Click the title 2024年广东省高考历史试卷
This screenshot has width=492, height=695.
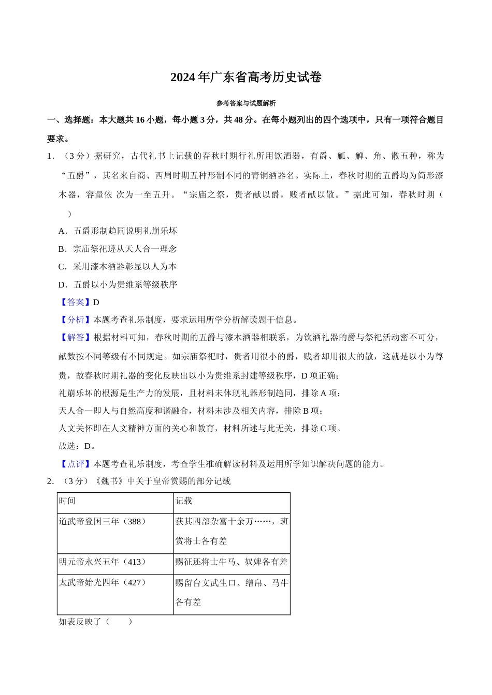pos(246,78)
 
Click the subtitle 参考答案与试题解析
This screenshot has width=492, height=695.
pos(246,103)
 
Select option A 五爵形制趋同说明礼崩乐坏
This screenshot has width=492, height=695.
pos(118,231)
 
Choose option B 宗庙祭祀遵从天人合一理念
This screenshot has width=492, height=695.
pos(118,249)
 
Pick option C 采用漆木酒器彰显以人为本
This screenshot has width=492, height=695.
pos(118,266)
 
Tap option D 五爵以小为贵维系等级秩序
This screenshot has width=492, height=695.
pos(118,284)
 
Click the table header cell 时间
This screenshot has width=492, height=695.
pos(67,501)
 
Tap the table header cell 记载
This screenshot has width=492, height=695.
pos(184,501)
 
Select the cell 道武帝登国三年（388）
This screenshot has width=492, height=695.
pos(103,521)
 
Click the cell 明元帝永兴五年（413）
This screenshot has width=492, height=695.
pos(103,562)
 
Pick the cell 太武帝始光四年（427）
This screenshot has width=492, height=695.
pos(103,582)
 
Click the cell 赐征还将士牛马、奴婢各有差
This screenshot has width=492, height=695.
pos(231,562)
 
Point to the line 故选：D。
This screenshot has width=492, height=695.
pos(77,446)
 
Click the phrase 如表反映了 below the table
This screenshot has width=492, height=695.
pos(80,622)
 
